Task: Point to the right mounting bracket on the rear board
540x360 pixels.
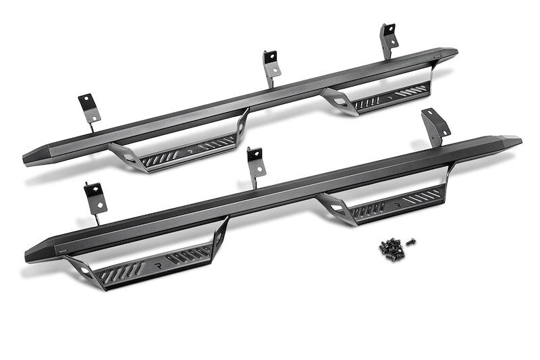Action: pos(388,39)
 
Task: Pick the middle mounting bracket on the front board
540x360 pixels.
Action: pos(254,163)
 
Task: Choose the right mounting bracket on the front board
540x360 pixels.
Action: pos(435,126)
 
